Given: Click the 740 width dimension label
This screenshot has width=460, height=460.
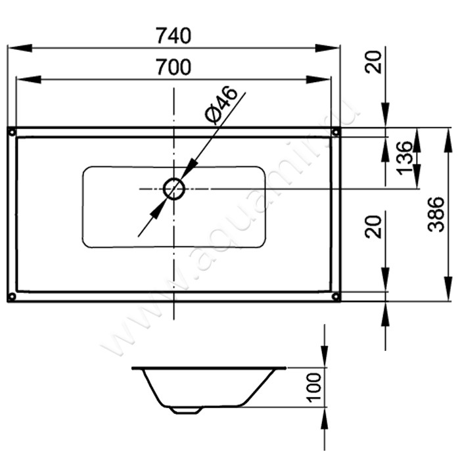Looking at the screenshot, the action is (x=173, y=35).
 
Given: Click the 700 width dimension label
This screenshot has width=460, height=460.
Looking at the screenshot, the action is (x=173, y=67).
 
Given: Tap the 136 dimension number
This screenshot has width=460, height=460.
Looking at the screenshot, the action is (x=404, y=158).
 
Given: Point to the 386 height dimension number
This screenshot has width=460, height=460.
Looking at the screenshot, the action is (x=436, y=214).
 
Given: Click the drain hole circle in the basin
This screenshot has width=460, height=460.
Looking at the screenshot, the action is (x=174, y=189).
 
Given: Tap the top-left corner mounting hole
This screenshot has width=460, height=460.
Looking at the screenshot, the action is (x=12, y=132).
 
